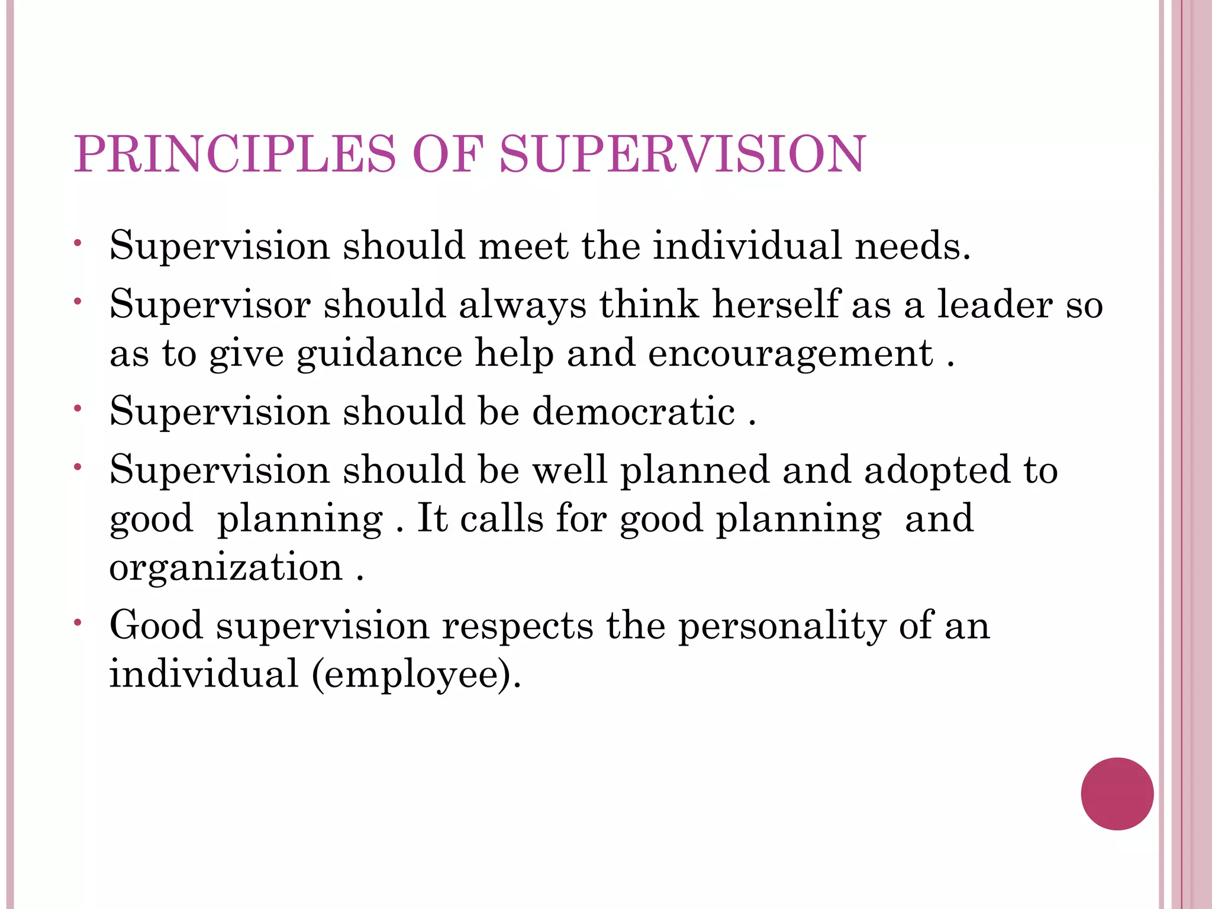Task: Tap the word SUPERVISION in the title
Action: point(682,154)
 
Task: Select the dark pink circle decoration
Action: point(1117,794)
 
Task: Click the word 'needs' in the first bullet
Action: point(912,246)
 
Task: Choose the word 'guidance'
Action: point(379,354)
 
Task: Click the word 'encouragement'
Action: point(790,354)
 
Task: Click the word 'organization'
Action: point(226,568)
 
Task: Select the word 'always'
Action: point(523,305)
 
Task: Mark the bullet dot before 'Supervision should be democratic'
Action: point(78,408)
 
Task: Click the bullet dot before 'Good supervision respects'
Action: point(78,622)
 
